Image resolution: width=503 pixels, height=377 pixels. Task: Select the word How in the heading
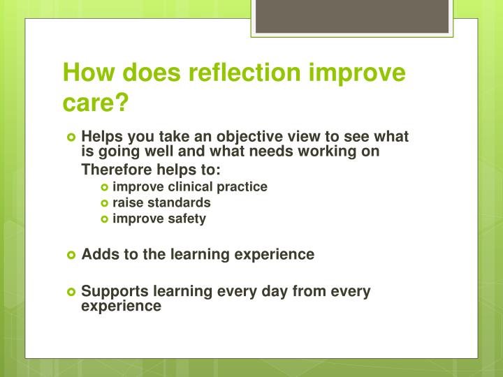86,73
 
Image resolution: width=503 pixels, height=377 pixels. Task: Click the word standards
177,202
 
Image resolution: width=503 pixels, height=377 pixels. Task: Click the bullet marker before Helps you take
71,137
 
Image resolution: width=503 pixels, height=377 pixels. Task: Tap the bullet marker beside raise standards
105,203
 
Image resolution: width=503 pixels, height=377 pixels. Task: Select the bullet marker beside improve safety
105,219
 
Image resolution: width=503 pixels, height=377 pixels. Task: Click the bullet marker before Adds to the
71,255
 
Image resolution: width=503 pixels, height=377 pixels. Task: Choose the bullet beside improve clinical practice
105,187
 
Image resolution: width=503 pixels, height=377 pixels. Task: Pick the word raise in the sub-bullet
126,202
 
